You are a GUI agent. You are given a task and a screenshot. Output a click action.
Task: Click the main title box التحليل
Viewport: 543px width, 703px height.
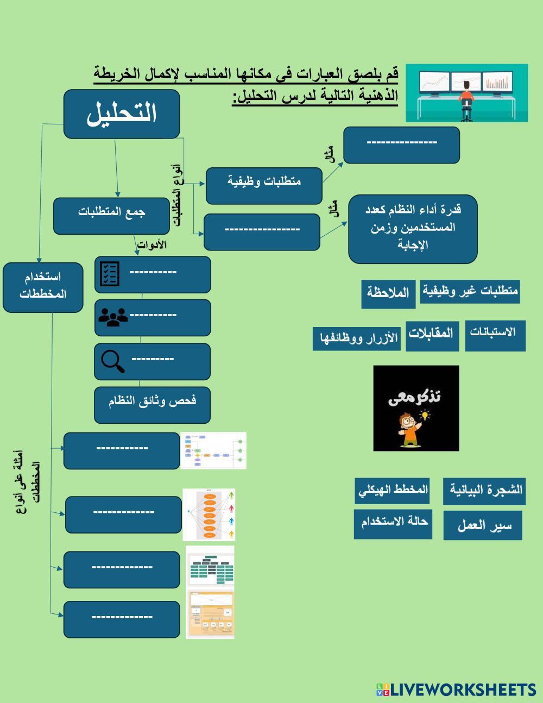122,114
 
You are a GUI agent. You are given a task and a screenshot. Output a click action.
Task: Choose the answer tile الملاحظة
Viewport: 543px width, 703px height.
388,293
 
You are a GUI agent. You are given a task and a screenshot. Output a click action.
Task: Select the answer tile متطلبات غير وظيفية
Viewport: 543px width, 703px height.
470,292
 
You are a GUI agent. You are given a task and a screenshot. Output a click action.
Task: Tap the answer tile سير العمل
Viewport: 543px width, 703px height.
482,525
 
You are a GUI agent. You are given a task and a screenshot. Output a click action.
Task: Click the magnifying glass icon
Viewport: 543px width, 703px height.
113,361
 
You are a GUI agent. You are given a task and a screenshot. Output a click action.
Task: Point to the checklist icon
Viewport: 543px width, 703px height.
110,274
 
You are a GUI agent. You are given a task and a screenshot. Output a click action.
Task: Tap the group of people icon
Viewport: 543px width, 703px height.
113,317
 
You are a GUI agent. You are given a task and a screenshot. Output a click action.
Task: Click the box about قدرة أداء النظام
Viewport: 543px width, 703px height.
413,228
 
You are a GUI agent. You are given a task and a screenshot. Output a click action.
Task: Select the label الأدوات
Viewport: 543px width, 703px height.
151,245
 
